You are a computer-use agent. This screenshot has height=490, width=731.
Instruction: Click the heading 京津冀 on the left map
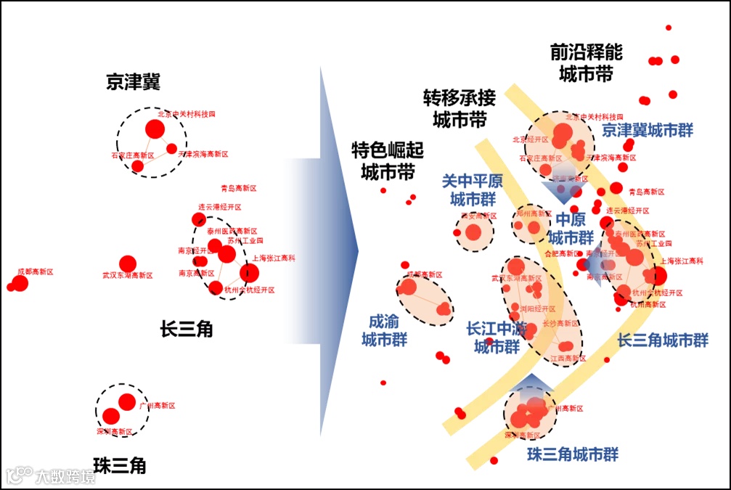pos(133,82)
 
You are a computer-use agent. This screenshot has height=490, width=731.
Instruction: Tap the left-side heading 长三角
pos(187,329)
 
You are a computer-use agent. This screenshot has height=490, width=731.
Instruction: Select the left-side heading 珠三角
pos(120,465)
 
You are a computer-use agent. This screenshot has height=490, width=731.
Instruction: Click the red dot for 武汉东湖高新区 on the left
pos(128,264)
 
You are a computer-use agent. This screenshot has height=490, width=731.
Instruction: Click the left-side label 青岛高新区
pos(239,188)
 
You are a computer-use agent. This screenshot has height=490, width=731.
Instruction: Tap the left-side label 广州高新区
pos(158,406)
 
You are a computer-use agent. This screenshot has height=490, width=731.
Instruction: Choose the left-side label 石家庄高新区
pos(133,155)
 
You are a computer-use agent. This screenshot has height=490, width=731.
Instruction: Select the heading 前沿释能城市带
pos(586,63)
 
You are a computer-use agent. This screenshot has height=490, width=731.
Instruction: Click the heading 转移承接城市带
pos(460,108)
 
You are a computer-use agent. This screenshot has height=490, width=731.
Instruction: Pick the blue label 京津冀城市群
pos(648,131)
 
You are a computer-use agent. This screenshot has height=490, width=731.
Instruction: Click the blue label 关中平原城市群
pos(473,189)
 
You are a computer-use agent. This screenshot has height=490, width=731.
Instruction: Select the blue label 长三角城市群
pos(663,340)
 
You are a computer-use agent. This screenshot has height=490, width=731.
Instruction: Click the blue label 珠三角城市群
pos(573,454)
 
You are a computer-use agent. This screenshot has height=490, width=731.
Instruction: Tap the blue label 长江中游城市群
pos(497,338)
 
